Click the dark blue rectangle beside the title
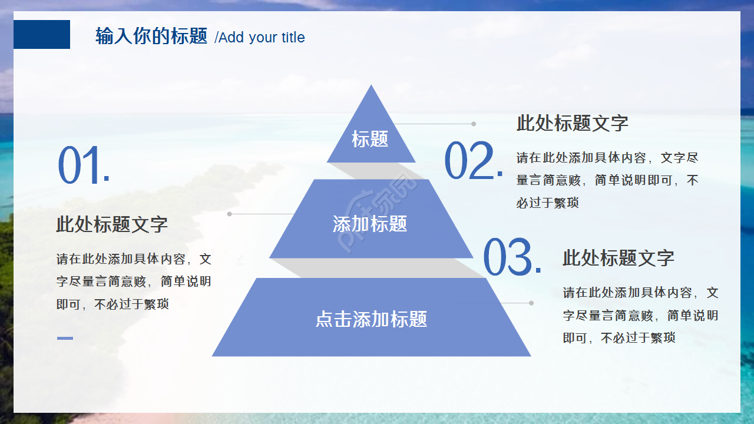point(41,34)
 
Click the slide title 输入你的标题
point(151,37)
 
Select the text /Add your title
point(260,38)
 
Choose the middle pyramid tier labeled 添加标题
point(371,224)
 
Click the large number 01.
point(84,167)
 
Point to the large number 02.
point(474,161)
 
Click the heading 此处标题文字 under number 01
point(112,224)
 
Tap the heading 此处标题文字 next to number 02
point(573,123)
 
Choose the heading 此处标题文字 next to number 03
point(619,258)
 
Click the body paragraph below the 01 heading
point(134,281)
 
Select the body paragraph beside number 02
point(607,180)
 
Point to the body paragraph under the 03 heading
point(640,315)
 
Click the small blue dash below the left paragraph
point(65,338)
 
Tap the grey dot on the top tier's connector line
point(474,124)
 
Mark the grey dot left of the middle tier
point(230,214)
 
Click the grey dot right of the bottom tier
point(531,303)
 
